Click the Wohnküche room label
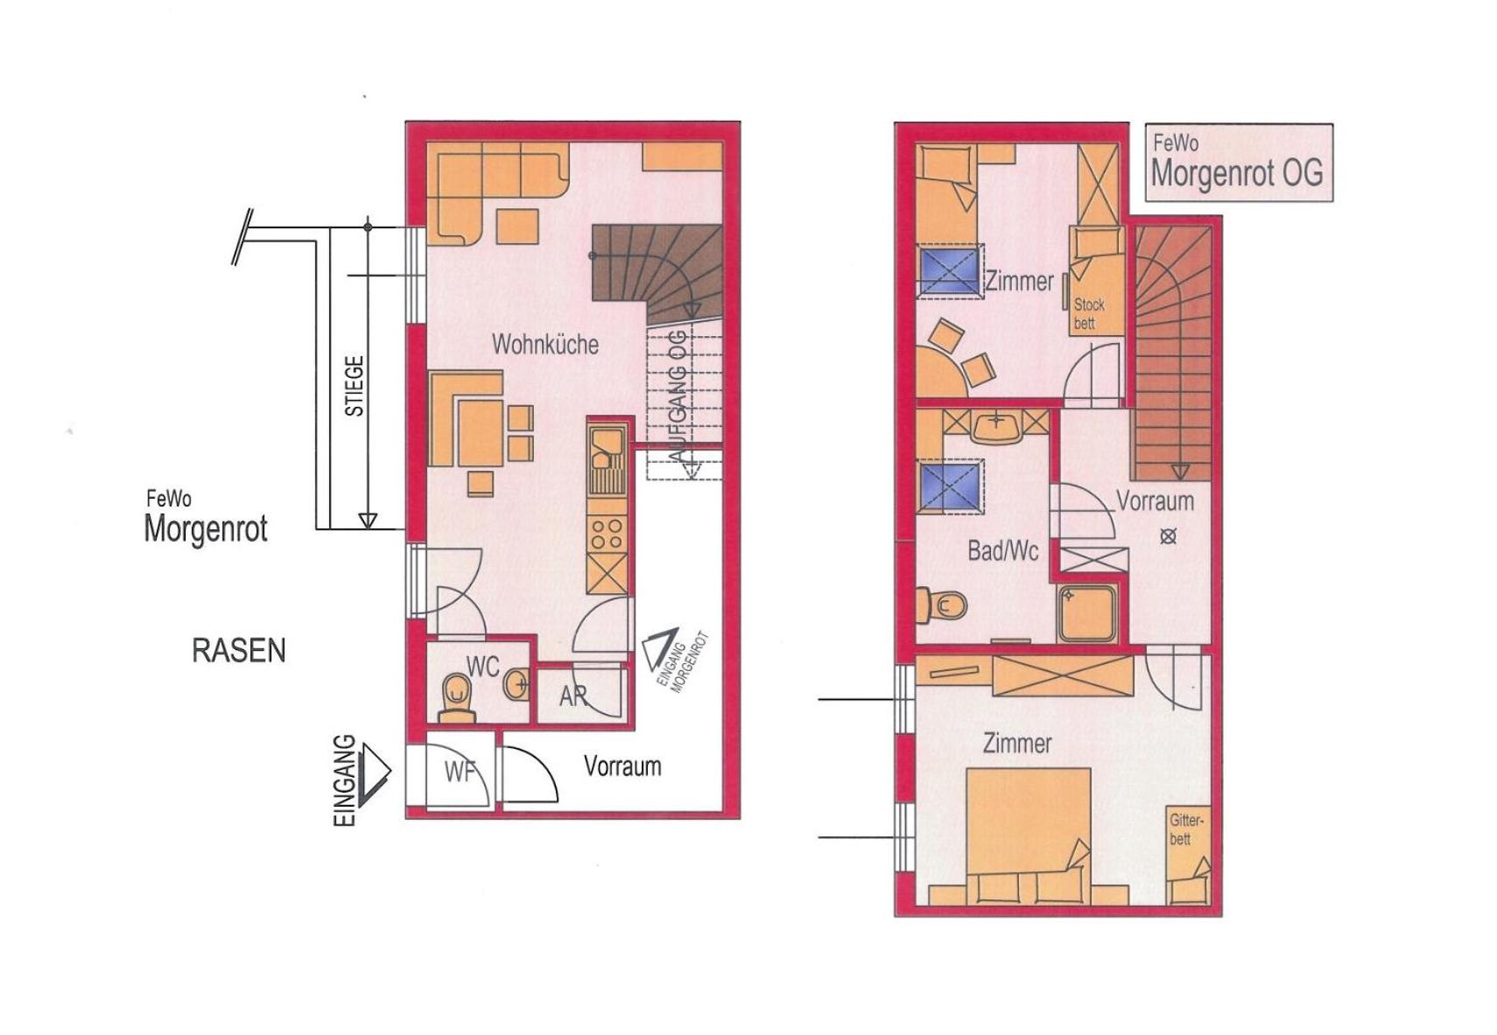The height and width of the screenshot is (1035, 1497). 545,345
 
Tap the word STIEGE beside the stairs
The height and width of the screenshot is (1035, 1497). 355,386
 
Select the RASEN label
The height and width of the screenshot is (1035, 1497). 239,650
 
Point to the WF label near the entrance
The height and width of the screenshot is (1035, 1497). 460,773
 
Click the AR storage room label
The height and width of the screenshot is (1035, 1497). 573,696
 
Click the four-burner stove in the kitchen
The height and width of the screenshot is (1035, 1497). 608,534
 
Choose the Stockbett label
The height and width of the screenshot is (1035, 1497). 1089,314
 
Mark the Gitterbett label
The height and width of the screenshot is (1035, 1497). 1186,829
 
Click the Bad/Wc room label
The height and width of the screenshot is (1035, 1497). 1003,551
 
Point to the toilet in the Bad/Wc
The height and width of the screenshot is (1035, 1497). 942,605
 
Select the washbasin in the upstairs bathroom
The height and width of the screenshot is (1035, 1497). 996,426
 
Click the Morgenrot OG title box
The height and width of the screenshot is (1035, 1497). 1239,162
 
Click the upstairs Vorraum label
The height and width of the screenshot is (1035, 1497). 1155,500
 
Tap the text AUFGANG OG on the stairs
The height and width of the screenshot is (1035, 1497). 679,395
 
